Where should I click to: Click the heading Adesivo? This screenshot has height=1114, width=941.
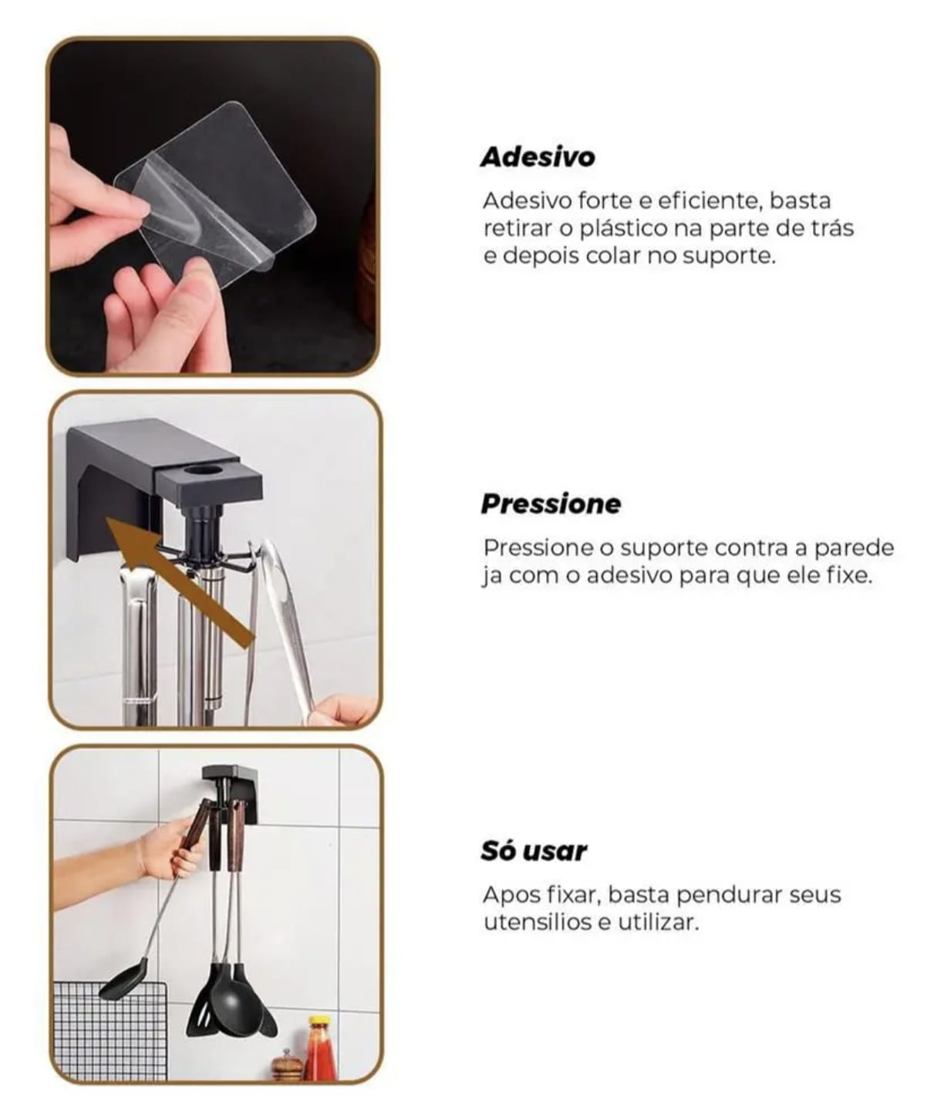coord(538,156)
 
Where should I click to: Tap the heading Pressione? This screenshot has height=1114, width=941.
coord(551,503)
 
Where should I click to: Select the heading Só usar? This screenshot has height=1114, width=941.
coord(534,851)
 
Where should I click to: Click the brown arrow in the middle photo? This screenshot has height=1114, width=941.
coord(180,582)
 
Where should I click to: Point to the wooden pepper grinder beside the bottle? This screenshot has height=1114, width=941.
coord(287,1065)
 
